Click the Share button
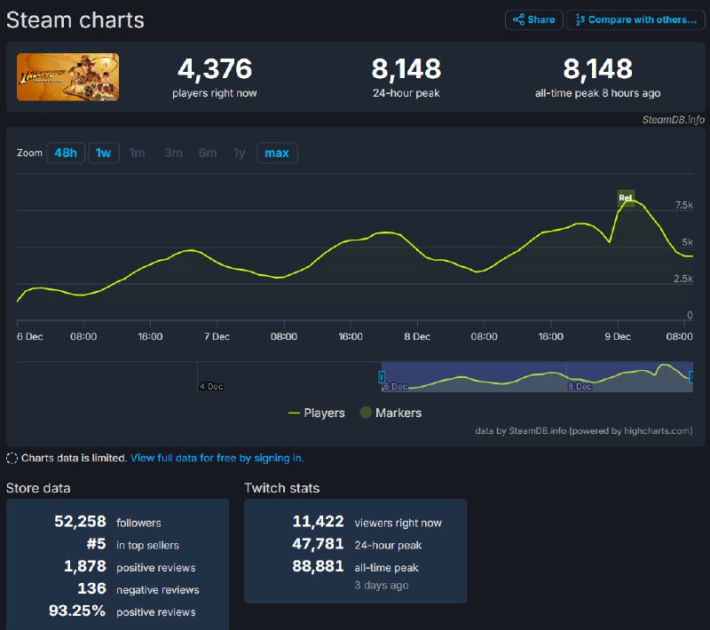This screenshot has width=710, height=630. click(534, 20)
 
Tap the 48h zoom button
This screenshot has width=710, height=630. click(65, 153)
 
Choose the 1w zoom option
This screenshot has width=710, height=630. click(104, 153)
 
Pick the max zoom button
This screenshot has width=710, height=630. click(277, 153)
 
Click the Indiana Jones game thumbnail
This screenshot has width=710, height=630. click(67, 77)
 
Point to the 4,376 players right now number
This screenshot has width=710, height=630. click(215, 69)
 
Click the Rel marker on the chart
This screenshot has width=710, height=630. click(626, 197)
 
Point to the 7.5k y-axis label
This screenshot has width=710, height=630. click(683, 205)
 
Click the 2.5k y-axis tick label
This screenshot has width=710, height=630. click(683, 279)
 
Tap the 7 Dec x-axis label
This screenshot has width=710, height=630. click(217, 337)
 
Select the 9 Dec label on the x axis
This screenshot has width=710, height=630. click(617, 337)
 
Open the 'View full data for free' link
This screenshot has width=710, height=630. click(217, 458)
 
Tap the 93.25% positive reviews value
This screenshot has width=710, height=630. click(76, 611)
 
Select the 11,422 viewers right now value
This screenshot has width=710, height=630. click(318, 522)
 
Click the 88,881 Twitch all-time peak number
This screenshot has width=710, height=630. click(318, 567)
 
